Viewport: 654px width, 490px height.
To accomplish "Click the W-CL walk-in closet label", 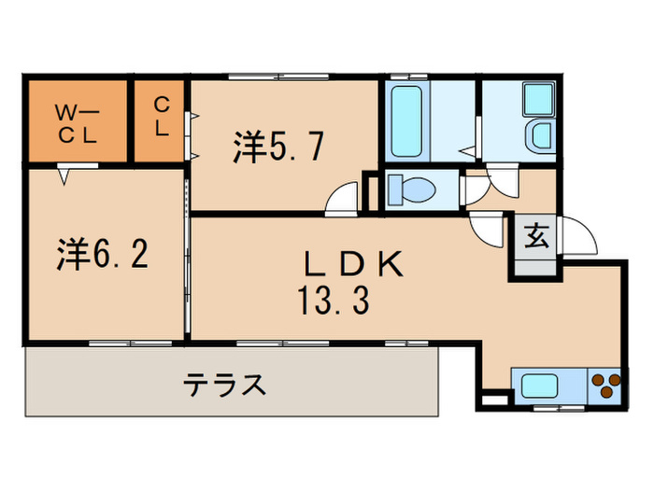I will click(77, 123).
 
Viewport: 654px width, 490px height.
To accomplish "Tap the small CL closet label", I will click(162, 118).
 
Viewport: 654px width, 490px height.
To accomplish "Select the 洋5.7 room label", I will click(279, 147).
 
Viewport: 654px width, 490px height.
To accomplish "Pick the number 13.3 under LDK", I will click(334, 301).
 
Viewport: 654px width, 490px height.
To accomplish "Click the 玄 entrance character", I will click(534, 236).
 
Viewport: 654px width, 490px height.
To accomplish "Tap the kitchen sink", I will click(541, 385).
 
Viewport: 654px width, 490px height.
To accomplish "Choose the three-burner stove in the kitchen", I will click(604, 385).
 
